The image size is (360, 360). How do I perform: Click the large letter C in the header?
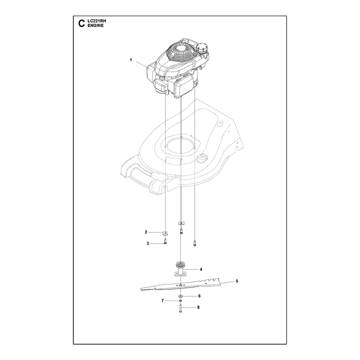click(x=81, y=23)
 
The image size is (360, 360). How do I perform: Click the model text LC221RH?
click(x=97, y=21)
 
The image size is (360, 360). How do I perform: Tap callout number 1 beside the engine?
click(x=131, y=60)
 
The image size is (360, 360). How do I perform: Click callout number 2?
click(x=146, y=232)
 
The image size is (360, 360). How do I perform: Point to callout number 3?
click(x=148, y=243)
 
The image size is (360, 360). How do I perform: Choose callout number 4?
click(x=201, y=269)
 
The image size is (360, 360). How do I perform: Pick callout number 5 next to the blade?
click(x=237, y=281)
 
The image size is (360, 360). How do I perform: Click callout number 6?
click(x=199, y=296)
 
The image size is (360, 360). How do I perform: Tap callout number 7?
click(x=162, y=301)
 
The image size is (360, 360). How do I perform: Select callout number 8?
click(x=198, y=307)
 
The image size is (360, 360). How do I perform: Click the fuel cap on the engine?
click(x=202, y=49)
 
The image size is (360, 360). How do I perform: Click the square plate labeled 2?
click(x=165, y=233)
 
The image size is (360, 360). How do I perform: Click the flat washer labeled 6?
click(x=180, y=296)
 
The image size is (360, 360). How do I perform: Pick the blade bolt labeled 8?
click(x=180, y=308)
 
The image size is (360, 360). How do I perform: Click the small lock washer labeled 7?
click(x=180, y=301)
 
